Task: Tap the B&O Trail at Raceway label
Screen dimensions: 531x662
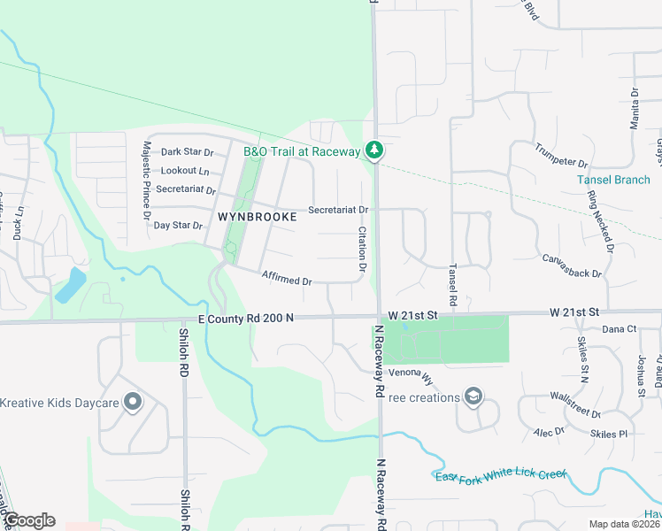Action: [302, 152]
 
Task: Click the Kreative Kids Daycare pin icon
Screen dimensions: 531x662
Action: [133, 403]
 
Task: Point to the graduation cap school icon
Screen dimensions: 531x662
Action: [473, 396]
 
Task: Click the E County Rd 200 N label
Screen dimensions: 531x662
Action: [246, 318]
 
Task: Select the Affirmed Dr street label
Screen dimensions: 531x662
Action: [287, 279]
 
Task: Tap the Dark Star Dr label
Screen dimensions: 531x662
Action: [188, 152]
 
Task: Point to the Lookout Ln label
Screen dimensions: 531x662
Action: [185, 171]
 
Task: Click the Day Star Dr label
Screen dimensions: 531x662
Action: [179, 226]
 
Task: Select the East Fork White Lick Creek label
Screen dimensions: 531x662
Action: [501, 476]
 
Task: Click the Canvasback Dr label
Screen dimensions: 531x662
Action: [578, 266]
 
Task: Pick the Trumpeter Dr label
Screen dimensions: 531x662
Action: [561, 156]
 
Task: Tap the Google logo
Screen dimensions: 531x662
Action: [28, 520]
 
